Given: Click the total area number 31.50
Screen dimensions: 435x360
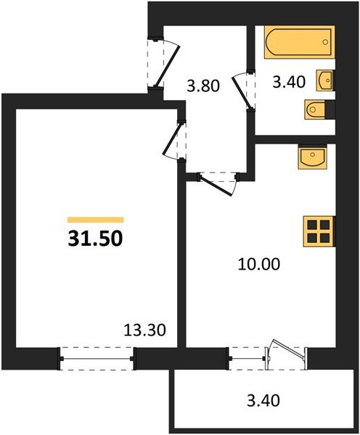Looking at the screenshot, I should tap(96, 238).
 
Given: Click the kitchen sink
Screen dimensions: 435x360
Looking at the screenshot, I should tap(312, 157).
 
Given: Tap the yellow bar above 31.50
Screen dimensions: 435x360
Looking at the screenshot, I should tap(96, 219).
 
